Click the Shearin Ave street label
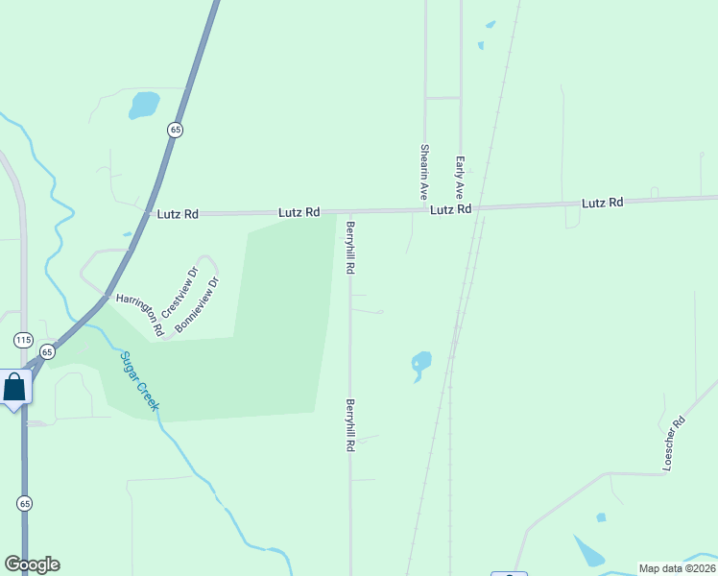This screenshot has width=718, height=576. (x=423, y=173)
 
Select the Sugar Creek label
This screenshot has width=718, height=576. (x=140, y=381)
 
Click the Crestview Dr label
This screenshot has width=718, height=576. (x=179, y=292)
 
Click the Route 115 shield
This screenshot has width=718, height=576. (x=24, y=340)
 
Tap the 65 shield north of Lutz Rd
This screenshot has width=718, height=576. (x=175, y=130)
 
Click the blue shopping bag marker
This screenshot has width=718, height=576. (x=14, y=388)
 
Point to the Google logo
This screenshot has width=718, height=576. (x=32, y=564)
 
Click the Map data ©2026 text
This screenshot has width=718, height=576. (x=676, y=568)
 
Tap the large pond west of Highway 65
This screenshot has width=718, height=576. (x=144, y=104)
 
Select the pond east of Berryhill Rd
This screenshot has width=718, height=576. (x=420, y=363)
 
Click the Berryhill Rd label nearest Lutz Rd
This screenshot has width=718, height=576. (x=351, y=248)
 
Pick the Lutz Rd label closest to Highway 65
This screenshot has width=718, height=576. (x=178, y=215)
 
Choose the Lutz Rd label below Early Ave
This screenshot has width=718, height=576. (x=450, y=209)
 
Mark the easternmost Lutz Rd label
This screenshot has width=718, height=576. (x=602, y=203)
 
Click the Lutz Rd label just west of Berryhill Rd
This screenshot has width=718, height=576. (x=299, y=212)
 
